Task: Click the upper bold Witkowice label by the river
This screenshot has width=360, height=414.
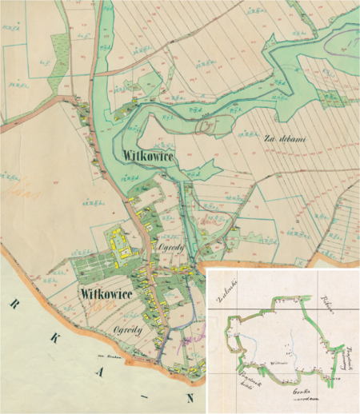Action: [149, 154]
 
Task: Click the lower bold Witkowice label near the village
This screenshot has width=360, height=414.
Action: [106, 294]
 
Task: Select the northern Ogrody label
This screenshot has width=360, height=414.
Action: [171, 249]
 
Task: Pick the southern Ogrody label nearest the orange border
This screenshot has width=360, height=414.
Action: [128, 330]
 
